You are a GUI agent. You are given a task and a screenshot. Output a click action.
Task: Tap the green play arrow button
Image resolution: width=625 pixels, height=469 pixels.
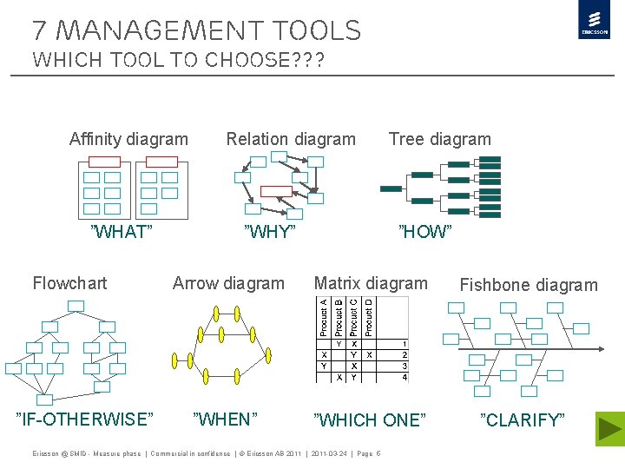click(x=610, y=429)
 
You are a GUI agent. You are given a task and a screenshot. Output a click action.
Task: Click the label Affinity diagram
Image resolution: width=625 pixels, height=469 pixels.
click(x=128, y=139)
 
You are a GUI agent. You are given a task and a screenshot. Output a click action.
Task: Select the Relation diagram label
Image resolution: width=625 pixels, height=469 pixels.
click(x=291, y=139)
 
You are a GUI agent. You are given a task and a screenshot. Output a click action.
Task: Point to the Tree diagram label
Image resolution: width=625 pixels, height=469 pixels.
click(x=439, y=139)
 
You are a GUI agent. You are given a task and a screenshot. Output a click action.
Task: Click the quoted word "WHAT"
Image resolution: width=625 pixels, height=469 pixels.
click(x=122, y=232)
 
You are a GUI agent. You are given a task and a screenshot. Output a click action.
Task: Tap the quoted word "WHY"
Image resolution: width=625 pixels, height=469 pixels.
click(x=270, y=232)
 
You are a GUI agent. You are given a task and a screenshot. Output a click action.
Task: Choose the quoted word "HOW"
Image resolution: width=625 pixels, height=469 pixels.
click(x=425, y=232)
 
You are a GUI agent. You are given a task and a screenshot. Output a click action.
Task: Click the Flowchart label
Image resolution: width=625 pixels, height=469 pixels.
click(x=69, y=283)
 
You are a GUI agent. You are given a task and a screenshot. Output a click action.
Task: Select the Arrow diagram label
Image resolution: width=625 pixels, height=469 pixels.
click(x=228, y=283)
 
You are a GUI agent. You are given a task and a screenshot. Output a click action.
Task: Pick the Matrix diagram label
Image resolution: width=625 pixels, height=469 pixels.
click(x=371, y=283)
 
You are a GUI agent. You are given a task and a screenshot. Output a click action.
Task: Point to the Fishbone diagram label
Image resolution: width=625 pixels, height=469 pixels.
click(x=529, y=285)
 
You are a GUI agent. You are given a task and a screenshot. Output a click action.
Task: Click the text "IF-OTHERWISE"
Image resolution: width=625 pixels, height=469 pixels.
click(x=85, y=419)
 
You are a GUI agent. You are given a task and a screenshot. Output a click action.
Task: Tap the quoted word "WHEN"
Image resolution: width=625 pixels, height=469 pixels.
click(x=225, y=419)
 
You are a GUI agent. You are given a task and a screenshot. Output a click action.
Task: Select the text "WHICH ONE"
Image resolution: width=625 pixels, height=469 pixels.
click(x=370, y=420)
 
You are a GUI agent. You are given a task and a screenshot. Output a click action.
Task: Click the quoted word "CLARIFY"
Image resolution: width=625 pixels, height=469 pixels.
click(x=523, y=420)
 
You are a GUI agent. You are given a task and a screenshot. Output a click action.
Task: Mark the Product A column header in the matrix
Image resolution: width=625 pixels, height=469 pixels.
click(x=323, y=317)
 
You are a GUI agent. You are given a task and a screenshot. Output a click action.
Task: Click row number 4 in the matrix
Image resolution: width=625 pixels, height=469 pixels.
click(x=405, y=377)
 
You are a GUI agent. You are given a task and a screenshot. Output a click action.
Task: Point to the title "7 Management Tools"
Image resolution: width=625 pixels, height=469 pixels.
click(x=196, y=31)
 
